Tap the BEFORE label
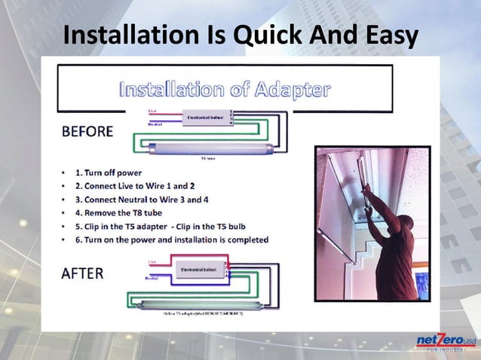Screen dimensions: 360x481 click(x=87, y=131)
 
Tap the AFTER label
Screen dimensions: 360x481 click(x=82, y=273)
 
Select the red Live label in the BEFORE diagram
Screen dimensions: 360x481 click(x=153, y=110)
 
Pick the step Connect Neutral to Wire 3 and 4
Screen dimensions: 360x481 click(x=143, y=199)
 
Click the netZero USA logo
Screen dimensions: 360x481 click(x=446, y=343)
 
